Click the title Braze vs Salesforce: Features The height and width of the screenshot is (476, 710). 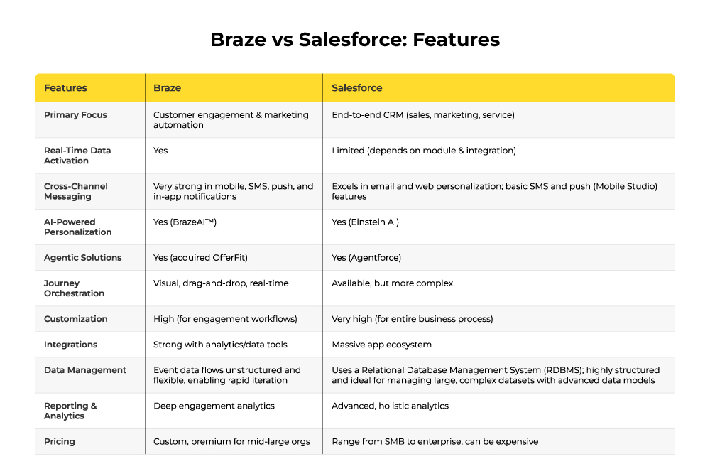pyautogui.click(x=355, y=39)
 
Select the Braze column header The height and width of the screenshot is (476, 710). pyautogui.click(x=167, y=88)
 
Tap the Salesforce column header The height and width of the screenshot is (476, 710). pyautogui.click(x=357, y=88)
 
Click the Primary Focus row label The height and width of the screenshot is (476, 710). pyautogui.click(x=76, y=115)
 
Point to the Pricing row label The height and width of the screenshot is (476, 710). pyautogui.click(x=60, y=442)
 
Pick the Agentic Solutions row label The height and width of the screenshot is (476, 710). pyautogui.click(x=83, y=258)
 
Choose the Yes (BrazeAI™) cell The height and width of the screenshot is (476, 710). pyautogui.click(x=185, y=222)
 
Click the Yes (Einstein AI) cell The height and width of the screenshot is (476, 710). pyautogui.click(x=366, y=222)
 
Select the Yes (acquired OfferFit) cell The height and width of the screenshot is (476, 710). pyautogui.click(x=201, y=258)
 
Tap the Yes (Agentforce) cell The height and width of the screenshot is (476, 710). pyautogui.click(x=366, y=258)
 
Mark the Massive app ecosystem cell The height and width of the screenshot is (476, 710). pyautogui.click(x=382, y=345)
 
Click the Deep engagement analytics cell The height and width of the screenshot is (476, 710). pyautogui.click(x=214, y=406)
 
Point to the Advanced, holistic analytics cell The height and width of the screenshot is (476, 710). pyautogui.click(x=390, y=406)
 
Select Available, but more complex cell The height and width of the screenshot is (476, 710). pyautogui.click(x=393, y=283)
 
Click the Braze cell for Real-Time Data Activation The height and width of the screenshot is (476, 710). pyautogui.click(x=160, y=151)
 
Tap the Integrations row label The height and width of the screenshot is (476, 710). pyautogui.click(x=70, y=345)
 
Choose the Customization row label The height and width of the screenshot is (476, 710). pyautogui.click(x=76, y=319)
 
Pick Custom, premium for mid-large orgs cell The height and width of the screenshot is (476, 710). pyautogui.click(x=232, y=442)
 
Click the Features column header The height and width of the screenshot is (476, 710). pyautogui.click(x=65, y=88)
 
